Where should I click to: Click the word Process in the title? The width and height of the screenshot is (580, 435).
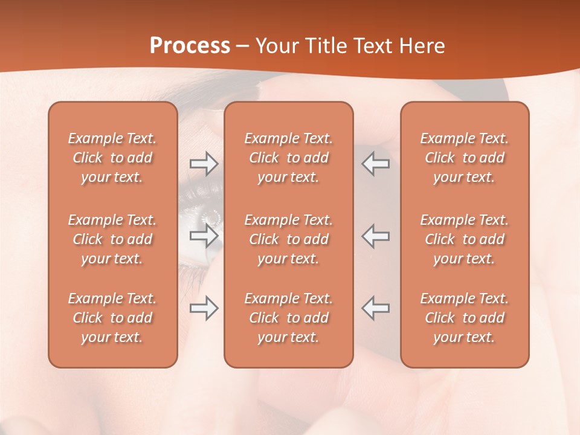[190, 45]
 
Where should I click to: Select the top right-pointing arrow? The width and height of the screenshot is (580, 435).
[204, 164]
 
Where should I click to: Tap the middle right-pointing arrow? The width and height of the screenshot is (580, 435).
[204, 236]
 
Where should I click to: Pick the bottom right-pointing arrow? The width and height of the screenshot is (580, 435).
[204, 308]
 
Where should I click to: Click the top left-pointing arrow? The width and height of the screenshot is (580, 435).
[376, 164]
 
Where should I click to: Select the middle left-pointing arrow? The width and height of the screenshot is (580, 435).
[376, 236]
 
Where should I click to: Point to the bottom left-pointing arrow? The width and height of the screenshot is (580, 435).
[376, 308]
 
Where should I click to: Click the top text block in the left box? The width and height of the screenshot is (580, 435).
[112, 158]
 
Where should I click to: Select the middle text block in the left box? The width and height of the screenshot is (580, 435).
[112, 239]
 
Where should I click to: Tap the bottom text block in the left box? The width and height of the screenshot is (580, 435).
[112, 318]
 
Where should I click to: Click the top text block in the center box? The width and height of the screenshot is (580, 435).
[288, 158]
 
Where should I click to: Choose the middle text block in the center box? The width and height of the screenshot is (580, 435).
[288, 239]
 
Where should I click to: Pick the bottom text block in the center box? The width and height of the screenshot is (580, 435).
[288, 318]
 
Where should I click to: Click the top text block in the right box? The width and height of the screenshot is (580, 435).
[464, 158]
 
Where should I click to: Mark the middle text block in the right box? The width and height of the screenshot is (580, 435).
[464, 239]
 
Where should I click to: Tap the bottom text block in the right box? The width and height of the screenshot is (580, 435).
[464, 318]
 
